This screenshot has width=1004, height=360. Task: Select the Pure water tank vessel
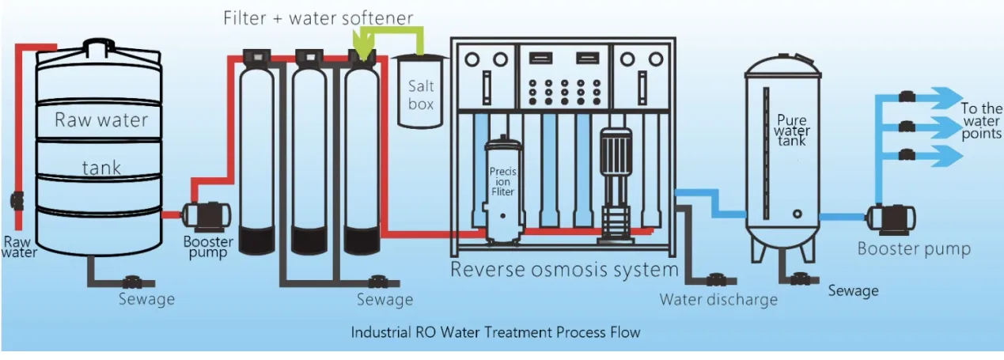coord(781,154)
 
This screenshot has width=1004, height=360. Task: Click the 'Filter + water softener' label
coord(317,17)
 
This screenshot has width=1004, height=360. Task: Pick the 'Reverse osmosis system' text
coord(564,270)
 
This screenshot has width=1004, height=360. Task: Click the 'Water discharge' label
coord(718,300)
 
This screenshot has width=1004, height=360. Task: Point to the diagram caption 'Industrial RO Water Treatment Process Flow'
coord(495,332)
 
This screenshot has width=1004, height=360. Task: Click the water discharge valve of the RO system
coord(717,279)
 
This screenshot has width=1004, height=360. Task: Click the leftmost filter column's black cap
coord(256,57)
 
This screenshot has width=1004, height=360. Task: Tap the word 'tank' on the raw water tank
coord(100,167)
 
